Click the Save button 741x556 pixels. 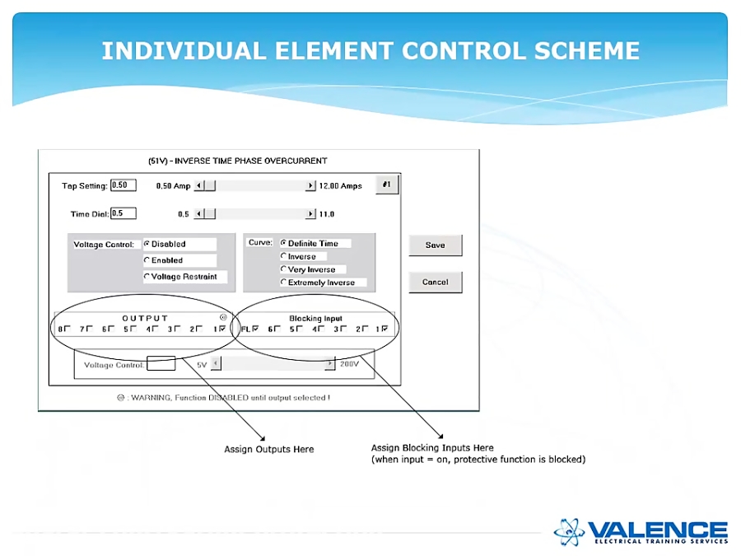point(435,245)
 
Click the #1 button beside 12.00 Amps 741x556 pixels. point(386,185)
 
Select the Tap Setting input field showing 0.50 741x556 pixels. point(123,185)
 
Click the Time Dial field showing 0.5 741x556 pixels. point(123,213)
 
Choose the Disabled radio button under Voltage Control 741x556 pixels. point(147,244)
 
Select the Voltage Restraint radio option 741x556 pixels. point(147,277)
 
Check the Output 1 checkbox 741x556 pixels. point(222,329)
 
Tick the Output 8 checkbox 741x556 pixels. point(68,329)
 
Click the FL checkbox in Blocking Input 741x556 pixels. point(255,329)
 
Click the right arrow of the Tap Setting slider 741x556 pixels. point(310,186)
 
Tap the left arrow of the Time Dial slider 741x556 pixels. point(198,214)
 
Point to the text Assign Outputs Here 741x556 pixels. point(268,449)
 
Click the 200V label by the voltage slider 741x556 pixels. point(349,363)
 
